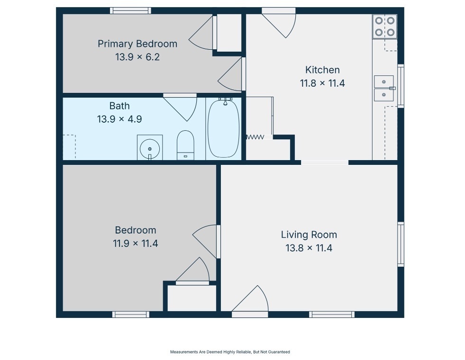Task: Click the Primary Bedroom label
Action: (x=137, y=44)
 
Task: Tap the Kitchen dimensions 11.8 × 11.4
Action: (x=322, y=83)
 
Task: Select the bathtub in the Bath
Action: (x=223, y=128)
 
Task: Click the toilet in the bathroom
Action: (x=185, y=145)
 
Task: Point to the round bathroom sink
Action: (x=150, y=148)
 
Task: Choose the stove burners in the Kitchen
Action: (x=384, y=27)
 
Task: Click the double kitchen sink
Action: (x=384, y=88)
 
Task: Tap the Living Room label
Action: (x=309, y=234)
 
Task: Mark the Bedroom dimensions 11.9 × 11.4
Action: (x=135, y=243)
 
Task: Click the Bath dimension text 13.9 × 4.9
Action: (x=119, y=119)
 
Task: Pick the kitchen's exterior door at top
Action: (x=279, y=24)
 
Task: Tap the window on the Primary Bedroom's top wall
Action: (x=130, y=11)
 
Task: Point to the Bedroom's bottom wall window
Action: (x=131, y=315)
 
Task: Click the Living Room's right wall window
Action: (x=401, y=244)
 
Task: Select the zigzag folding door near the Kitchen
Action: (x=255, y=137)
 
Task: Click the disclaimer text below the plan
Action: (x=230, y=352)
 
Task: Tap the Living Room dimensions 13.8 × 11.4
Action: (x=309, y=248)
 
